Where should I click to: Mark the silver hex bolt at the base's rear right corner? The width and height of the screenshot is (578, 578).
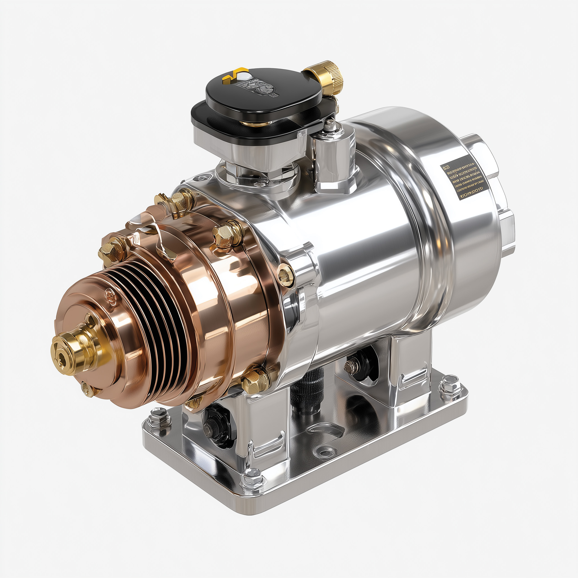click(x=448, y=384)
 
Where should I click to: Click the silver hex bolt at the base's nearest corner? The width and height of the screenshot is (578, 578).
click(x=252, y=478)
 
